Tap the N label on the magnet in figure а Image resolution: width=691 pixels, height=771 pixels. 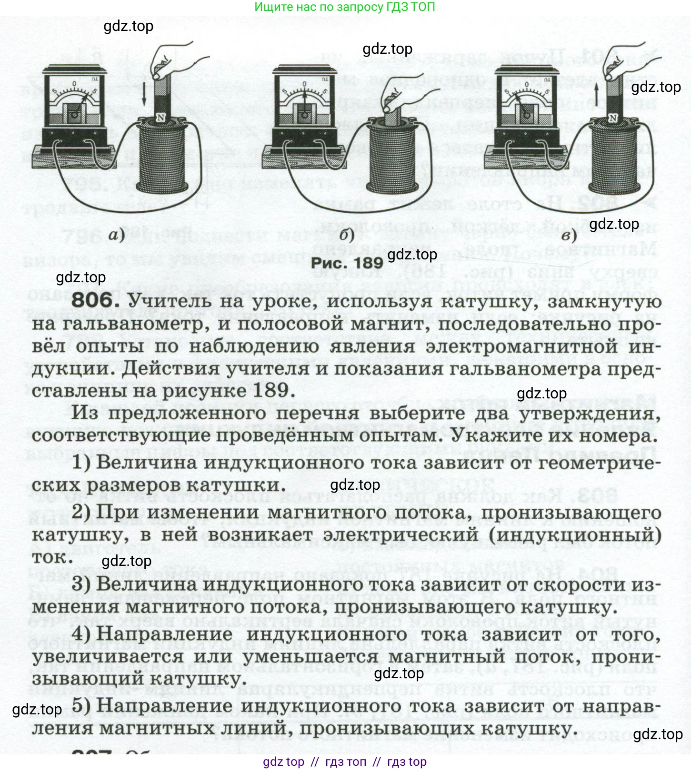(160, 118)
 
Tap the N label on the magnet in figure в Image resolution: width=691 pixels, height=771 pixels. (613, 118)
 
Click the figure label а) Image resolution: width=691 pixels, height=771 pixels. (117, 234)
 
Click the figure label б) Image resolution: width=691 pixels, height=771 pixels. (347, 235)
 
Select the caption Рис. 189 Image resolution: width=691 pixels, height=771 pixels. (347, 262)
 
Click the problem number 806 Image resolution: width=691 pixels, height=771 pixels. (93, 301)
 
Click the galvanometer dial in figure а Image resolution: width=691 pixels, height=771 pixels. (74, 95)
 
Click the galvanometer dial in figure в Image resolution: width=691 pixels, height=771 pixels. (526, 95)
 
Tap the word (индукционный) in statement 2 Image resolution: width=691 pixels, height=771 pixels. (575, 535)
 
